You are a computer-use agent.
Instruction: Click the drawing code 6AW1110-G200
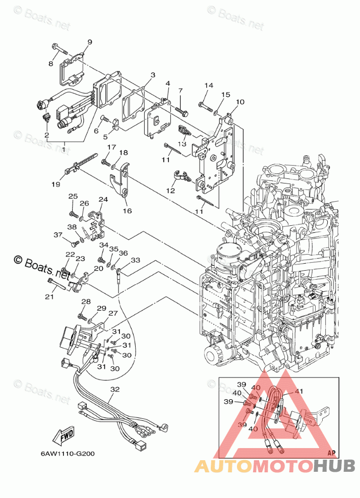pos(68,453)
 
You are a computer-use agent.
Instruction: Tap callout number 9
pos(90,42)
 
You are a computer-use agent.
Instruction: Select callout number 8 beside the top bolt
pos(50,64)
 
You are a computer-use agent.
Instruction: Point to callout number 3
pos(152,75)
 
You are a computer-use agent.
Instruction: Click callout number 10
pos(240,102)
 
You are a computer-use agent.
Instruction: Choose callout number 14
pos(209,85)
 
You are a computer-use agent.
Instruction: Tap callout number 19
pos(55,184)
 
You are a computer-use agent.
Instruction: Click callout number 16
pos(127,211)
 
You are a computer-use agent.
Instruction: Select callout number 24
pos(103,200)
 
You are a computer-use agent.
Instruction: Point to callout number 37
pos(58,234)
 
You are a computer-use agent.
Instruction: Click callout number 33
pos(135,260)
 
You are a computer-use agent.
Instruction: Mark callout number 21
pos(49,296)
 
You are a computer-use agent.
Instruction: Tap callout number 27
pos(112,313)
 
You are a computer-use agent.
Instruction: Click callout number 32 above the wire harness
pos(115,389)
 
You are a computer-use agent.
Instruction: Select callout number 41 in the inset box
pos(299,391)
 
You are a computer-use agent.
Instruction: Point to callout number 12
pos(170,191)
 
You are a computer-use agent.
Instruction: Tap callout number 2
pos(46,136)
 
